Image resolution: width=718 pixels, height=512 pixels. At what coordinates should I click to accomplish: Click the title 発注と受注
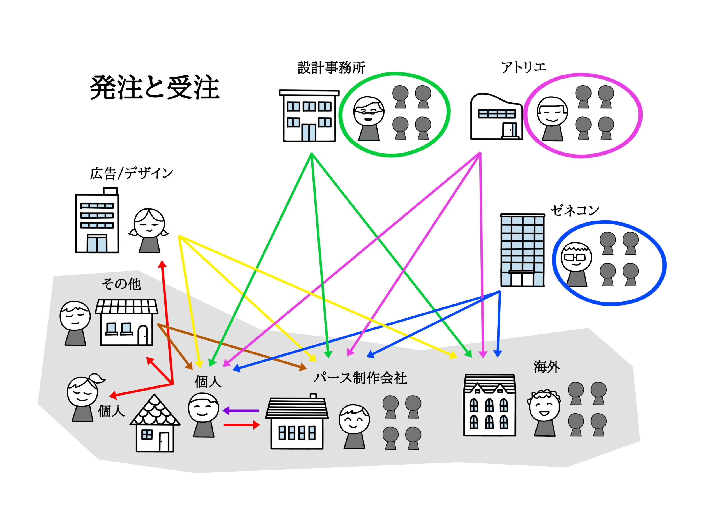155,87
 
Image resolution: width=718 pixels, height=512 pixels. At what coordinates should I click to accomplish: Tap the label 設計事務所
331,67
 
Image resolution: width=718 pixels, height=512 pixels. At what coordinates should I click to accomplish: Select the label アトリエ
524,67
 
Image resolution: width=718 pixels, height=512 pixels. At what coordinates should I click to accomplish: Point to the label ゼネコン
575,210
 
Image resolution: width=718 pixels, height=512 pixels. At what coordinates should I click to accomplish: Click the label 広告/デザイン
132,173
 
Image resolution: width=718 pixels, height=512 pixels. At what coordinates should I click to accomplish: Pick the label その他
121,284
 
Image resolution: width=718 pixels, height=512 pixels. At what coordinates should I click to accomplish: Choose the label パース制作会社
360,378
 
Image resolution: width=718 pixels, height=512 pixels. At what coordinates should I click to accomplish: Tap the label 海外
547,366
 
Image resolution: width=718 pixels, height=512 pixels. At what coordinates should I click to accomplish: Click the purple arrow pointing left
240,410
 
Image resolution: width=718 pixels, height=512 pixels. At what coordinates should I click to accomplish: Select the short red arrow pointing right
241,425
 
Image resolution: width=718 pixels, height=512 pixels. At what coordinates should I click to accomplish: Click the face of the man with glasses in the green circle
369,111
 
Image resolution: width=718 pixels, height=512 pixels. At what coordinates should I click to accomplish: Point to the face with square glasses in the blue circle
576,258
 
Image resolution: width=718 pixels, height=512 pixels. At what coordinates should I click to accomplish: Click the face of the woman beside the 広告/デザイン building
149,224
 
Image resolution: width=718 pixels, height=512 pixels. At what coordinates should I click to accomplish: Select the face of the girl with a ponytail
82,392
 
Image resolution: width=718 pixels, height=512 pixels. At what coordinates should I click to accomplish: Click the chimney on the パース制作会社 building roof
313,396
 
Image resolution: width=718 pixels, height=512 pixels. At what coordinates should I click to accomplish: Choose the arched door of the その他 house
143,335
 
